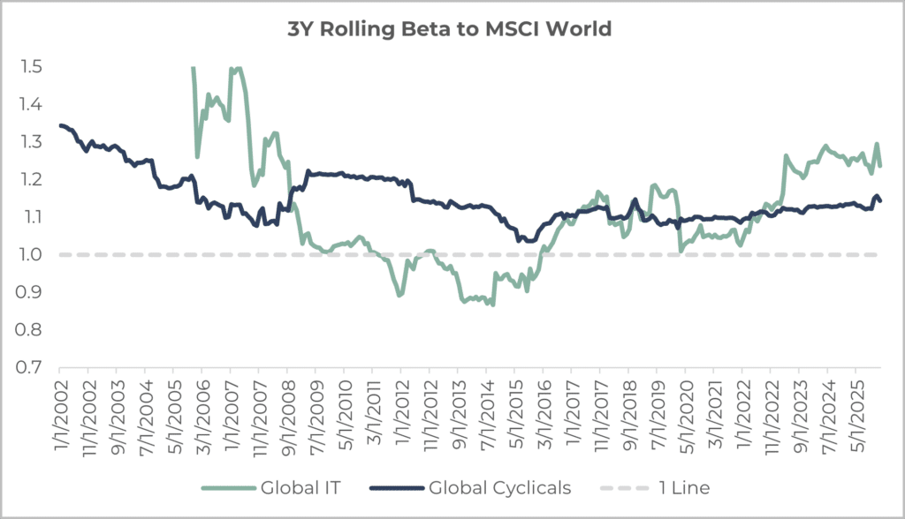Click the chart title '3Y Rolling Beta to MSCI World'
(x=452, y=30)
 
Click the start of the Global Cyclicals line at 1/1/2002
(x=60, y=125)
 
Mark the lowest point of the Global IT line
(x=492, y=305)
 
